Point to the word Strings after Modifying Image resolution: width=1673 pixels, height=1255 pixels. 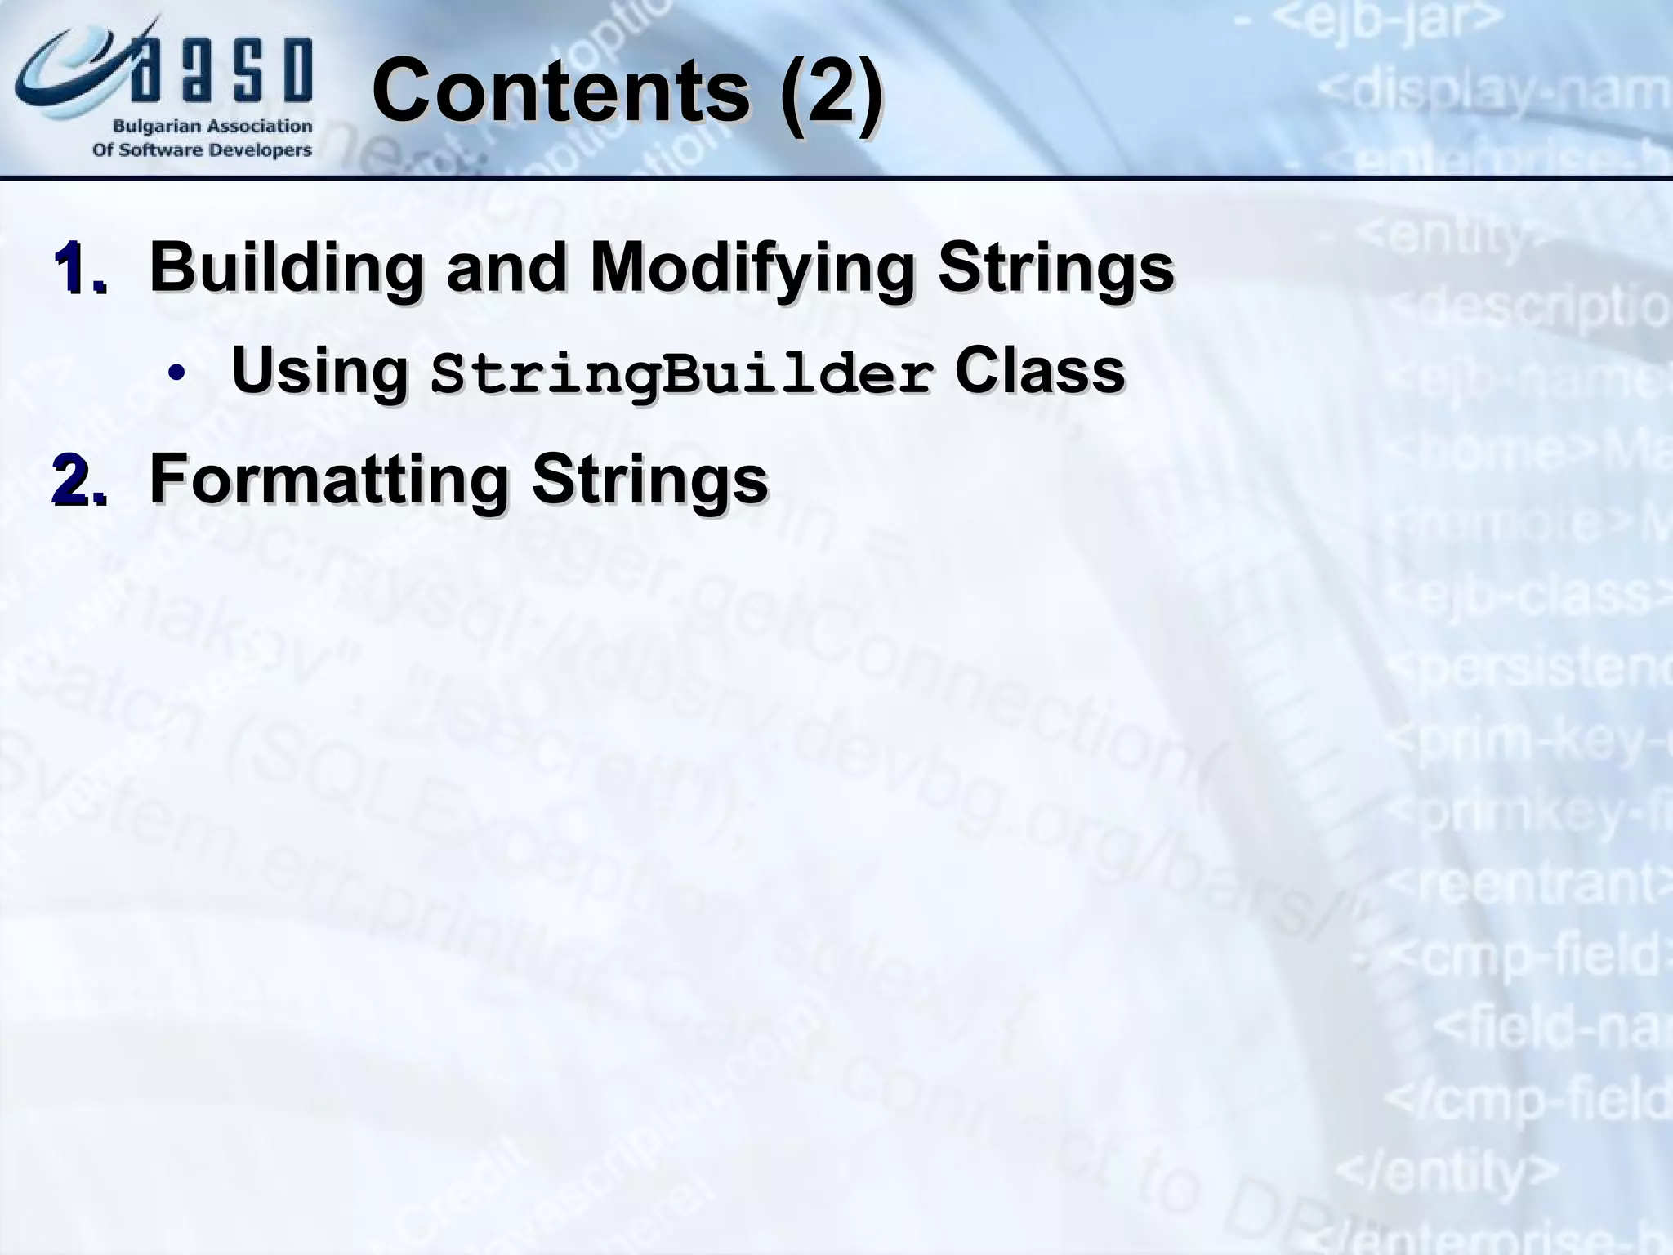coord(1055,268)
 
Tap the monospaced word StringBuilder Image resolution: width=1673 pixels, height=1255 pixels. coord(682,374)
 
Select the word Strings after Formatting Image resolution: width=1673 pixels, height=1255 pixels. coord(650,480)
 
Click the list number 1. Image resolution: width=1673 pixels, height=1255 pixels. coord(79,270)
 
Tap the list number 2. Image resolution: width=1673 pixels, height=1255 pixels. coord(79,482)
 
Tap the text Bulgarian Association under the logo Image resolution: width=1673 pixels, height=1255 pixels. coord(212,127)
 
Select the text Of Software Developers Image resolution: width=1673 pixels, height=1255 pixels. coord(202,150)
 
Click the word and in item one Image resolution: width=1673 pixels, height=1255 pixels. coord(506,268)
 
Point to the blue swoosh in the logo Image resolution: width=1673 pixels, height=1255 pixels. coord(65,74)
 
